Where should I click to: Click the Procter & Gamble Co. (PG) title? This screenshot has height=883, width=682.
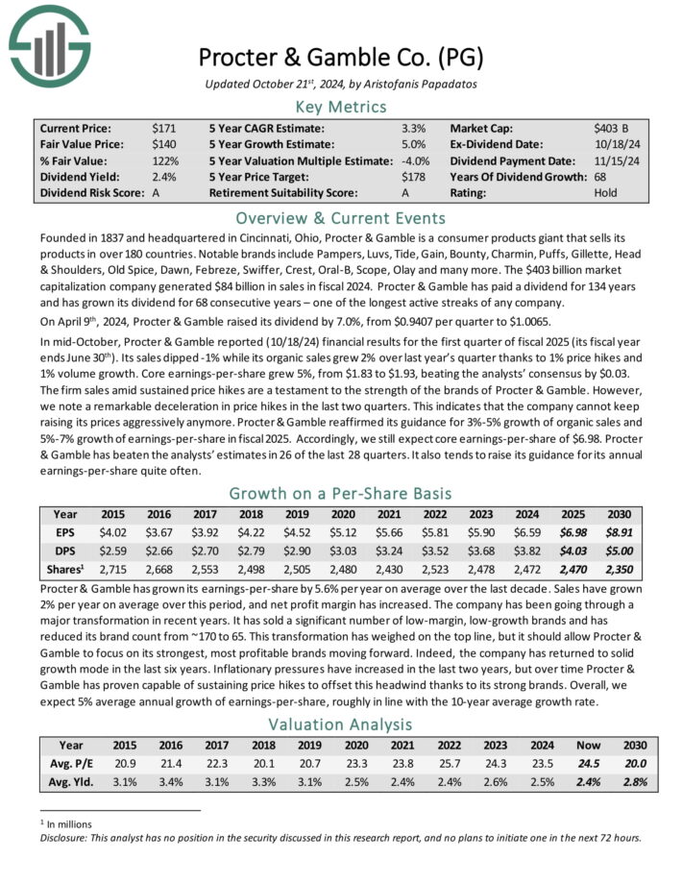[341, 55]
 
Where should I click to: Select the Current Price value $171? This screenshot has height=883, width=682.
[163, 127]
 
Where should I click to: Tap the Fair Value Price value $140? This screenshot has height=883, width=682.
[163, 143]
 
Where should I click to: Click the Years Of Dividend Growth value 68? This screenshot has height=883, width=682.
[602, 176]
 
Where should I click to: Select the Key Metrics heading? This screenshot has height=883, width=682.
[341, 106]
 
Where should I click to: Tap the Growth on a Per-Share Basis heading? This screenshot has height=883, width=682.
[341, 493]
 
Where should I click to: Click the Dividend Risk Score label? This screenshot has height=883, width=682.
[87, 192]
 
